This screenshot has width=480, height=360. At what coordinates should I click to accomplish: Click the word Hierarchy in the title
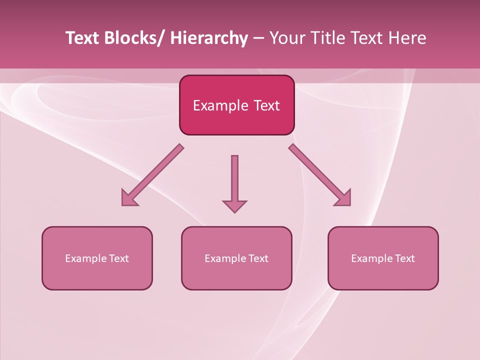209,38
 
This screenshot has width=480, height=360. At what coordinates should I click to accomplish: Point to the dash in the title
258,38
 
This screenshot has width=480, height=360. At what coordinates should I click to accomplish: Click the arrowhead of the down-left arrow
128,199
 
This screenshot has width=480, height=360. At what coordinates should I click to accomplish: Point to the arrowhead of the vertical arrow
234,206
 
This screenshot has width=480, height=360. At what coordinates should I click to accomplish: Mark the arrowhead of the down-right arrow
343,198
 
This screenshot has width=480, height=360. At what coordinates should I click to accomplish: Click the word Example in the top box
220,105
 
